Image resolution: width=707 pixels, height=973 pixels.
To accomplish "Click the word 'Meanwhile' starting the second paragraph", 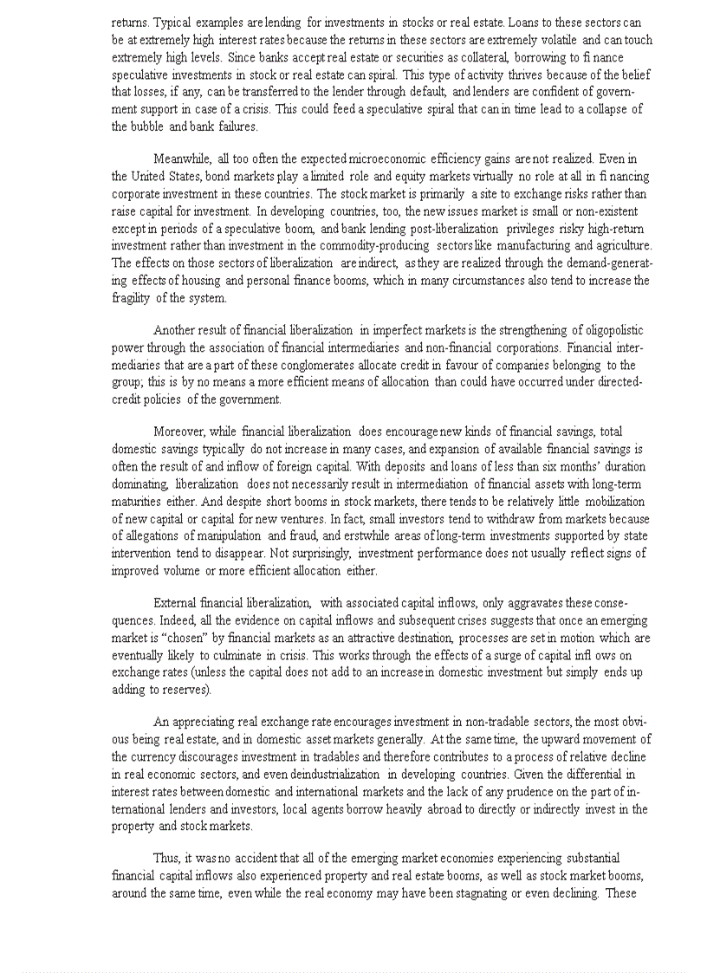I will click(181, 159).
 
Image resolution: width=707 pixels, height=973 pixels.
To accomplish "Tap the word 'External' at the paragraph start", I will click(175, 603).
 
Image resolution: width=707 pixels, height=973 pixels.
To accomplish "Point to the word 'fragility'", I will click(131, 298).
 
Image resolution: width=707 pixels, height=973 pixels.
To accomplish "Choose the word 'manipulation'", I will click(228, 536).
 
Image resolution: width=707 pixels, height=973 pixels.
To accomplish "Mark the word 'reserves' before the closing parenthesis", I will click(190, 690).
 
